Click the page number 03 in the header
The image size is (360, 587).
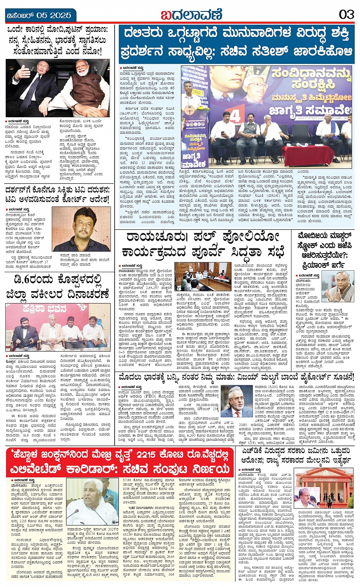coord(346,15)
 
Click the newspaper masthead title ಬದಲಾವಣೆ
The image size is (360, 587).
coord(191,15)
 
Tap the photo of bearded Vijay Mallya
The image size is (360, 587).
coord(240,402)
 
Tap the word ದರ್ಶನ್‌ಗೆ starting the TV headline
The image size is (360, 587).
coord(21,190)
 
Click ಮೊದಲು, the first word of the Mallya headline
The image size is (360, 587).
coord(133,378)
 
